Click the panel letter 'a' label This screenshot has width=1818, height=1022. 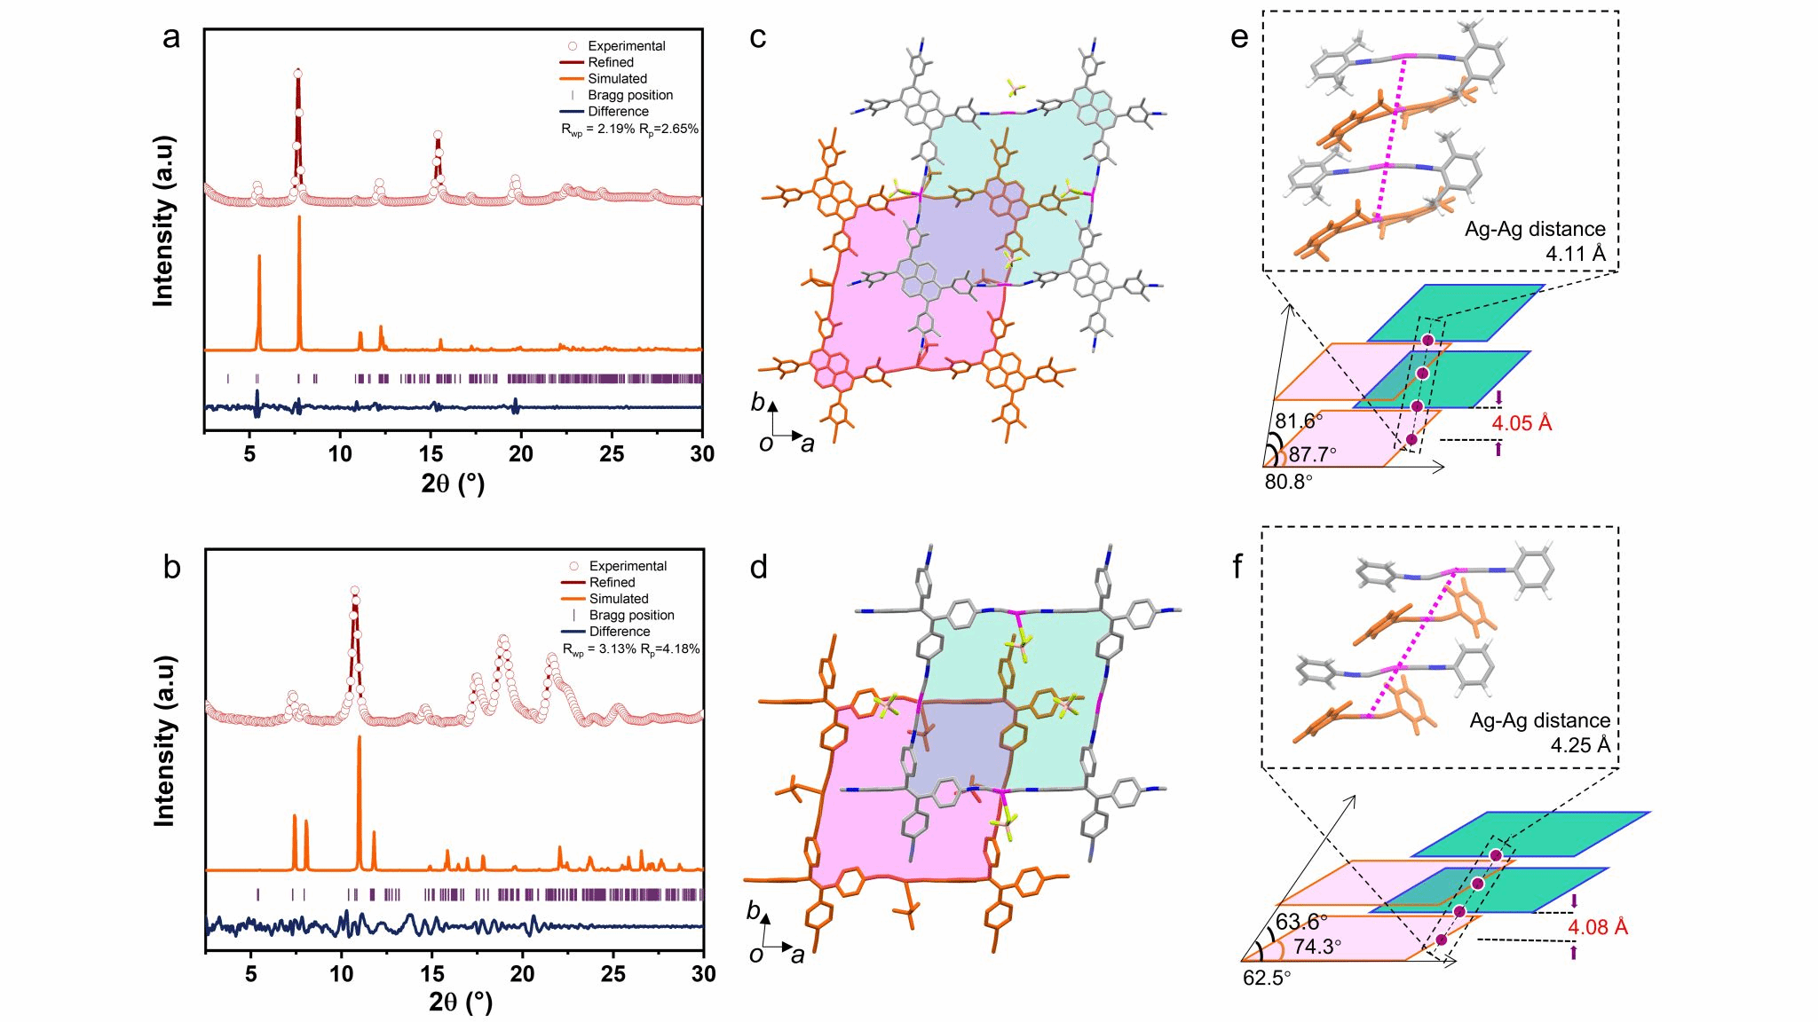(171, 37)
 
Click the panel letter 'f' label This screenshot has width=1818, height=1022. (1238, 566)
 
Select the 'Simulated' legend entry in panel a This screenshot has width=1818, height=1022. (617, 79)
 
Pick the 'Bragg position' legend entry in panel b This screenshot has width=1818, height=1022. (631, 615)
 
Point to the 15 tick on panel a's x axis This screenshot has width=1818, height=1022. (431, 454)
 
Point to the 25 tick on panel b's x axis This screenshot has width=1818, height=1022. (613, 974)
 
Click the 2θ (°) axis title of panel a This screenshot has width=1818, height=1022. (453, 483)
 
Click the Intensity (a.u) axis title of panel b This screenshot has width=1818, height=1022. (164, 741)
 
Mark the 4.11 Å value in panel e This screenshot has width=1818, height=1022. (1576, 255)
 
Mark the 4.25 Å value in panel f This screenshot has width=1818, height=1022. (1580, 745)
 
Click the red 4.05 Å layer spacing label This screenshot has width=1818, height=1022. (1522, 424)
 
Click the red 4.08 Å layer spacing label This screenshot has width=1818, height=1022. (1597, 928)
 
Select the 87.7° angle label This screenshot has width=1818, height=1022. (1312, 455)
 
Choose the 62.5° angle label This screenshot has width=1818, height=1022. (1267, 979)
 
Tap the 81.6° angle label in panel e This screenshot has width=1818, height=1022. (1299, 421)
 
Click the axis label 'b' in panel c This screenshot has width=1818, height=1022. (757, 403)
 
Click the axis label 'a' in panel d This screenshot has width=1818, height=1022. (798, 955)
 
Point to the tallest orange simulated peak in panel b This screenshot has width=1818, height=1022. (359, 738)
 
